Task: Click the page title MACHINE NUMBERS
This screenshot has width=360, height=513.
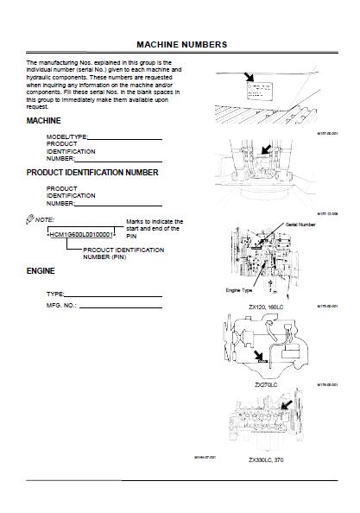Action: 182,43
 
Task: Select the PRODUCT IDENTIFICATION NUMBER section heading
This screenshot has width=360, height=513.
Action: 92,173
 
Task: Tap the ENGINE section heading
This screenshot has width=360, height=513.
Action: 41,271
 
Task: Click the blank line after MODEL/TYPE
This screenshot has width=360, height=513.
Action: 124,138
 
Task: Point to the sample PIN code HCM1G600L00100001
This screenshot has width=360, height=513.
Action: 83,235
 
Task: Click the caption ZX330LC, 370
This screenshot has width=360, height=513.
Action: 266,460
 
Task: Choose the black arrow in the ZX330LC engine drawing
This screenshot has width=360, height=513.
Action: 287,402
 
